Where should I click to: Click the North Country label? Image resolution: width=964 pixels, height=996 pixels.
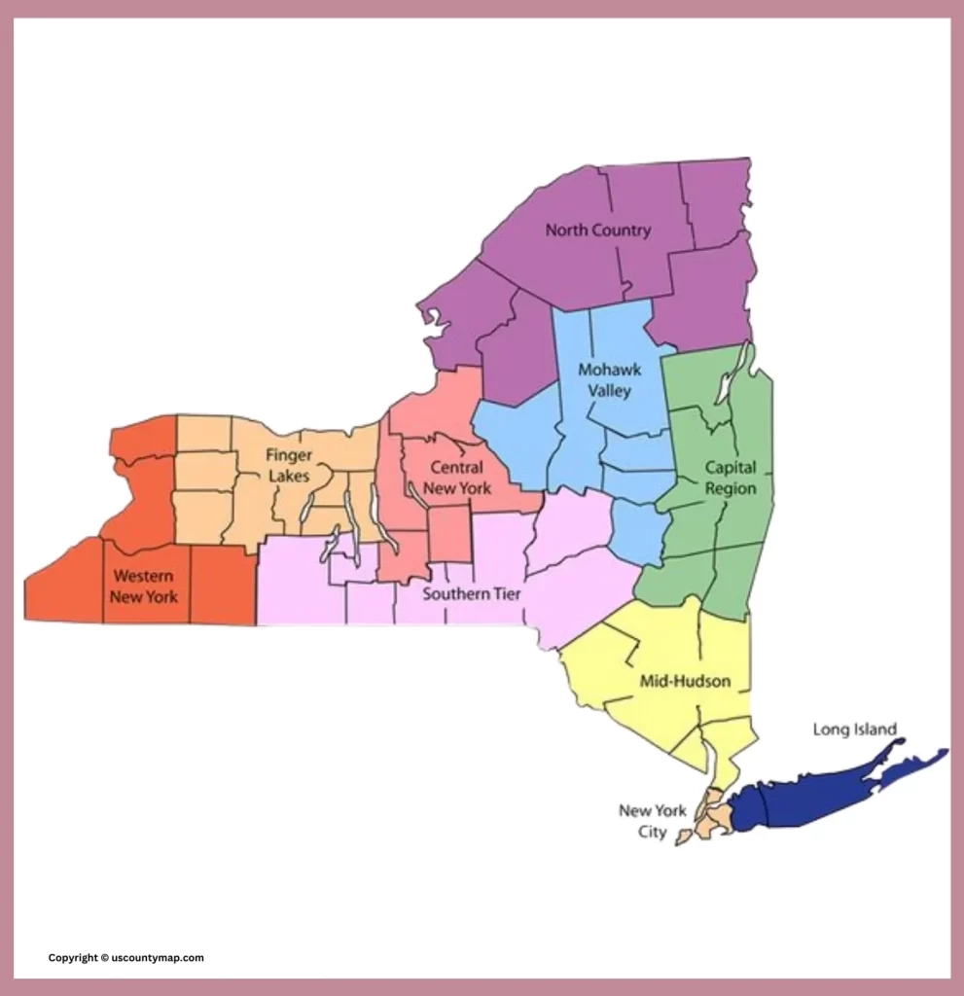click(x=597, y=231)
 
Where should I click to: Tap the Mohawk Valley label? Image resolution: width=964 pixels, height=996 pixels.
click(x=609, y=380)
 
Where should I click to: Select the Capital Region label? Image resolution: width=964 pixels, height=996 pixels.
click(x=731, y=478)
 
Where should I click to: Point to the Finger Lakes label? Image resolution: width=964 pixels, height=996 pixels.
click(x=289, y=465)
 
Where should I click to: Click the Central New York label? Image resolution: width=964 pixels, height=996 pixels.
click(x=457, y=478)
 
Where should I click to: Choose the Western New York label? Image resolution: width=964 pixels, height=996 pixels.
click(x=143, y=587)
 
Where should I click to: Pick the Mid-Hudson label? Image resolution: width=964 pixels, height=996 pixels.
click(x=685, y=681)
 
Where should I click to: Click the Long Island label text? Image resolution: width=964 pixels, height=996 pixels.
click(x=854, y=729)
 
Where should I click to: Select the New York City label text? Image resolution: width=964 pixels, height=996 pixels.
click(x=652, y=821)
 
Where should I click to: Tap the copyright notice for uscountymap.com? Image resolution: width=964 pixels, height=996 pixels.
click(x=126, y=958)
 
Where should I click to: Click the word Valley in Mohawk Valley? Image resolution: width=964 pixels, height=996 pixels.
click(x=609, y=391)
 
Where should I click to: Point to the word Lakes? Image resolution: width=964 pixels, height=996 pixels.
click(x=289, y=476)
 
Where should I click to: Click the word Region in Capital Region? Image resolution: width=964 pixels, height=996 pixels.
click(x=731, y=488)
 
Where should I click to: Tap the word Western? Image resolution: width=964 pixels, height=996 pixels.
click(x=143, y=576)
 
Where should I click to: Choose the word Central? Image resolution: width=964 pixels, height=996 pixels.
click(x=456, y=468)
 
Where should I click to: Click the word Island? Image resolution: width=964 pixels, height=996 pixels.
click(x=874, y=729)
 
